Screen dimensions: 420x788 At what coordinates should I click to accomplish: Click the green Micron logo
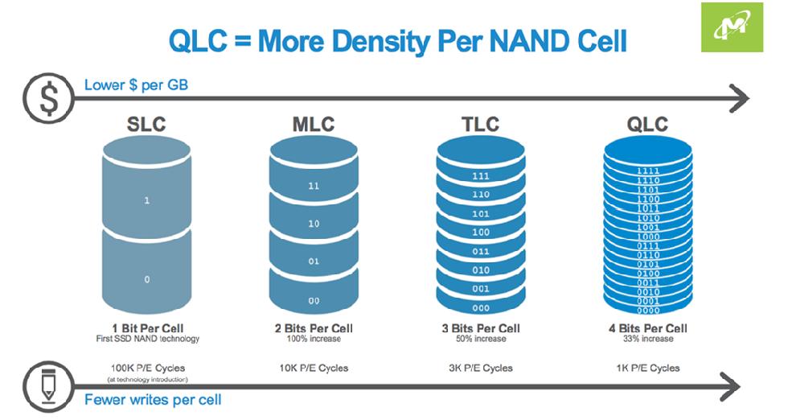(x=732, y=27)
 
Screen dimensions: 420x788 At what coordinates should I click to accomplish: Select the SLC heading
(x=147, y=124)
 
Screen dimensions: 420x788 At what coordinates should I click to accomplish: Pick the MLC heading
(x=314, y=124)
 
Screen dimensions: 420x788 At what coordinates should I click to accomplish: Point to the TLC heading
(x=481, y=124)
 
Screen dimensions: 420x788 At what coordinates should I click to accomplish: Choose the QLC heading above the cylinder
(x=648, y=124)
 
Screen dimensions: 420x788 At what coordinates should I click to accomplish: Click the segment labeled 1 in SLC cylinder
(x=147, y=200)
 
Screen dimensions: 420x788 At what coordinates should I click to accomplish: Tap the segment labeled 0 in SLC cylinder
(x=147, y=279)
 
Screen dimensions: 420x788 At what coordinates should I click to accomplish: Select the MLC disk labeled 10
(x=314, y=223)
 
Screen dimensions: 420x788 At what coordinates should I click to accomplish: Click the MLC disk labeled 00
(x=314, y=300)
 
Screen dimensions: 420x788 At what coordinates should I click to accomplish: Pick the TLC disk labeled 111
(x=481, y=175)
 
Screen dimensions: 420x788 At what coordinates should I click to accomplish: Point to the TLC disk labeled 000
(x=481, y=307)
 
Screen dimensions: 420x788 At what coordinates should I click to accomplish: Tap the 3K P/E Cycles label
(x=481, y=368)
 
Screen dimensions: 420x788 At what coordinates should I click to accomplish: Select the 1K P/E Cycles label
(x=648, y=368)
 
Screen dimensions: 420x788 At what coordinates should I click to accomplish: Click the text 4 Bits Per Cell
(x=648, y=328)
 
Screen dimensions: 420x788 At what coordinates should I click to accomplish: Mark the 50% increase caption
(x=481, y=339)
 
